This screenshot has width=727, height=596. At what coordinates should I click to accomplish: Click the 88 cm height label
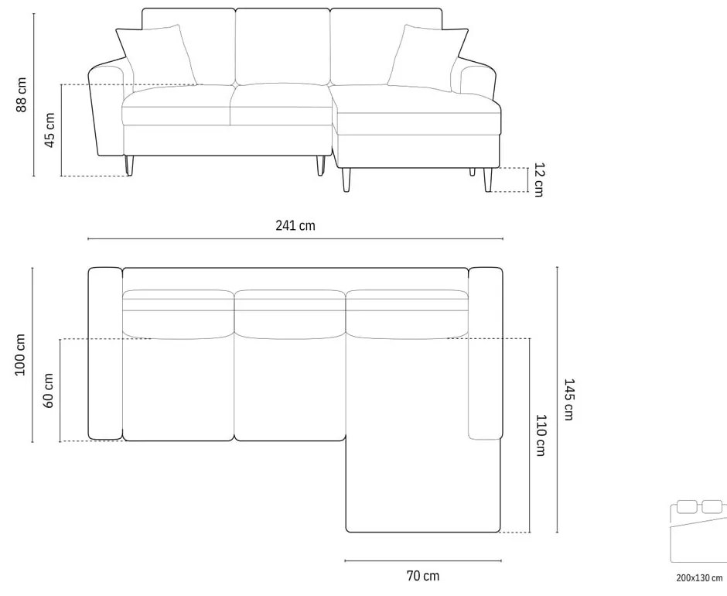pos(22,94)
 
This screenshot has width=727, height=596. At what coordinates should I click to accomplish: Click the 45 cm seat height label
pos(49,130)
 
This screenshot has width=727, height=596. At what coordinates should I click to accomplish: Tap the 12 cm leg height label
pos(538,180)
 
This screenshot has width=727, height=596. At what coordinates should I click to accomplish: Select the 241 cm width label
pos(295,226)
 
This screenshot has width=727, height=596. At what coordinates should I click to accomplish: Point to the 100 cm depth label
pos(21,355)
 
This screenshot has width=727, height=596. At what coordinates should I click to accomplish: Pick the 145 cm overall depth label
pos(568,399)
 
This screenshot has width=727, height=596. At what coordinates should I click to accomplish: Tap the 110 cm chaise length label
pos(541,435)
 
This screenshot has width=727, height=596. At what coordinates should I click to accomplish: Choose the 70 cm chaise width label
pos(422,575)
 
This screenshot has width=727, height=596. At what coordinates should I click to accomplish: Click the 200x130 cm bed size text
pos(698,577)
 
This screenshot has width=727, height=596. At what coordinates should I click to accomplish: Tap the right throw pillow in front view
pos(424,56)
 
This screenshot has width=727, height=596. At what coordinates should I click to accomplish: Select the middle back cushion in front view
pos(282,45)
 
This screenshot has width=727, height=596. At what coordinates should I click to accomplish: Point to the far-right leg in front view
pos(488,180)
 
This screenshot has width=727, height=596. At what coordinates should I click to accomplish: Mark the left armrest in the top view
pos(105,353)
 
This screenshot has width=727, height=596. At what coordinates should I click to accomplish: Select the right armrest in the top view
pos(486,353)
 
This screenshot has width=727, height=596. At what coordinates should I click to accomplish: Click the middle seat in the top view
pos(289,387)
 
